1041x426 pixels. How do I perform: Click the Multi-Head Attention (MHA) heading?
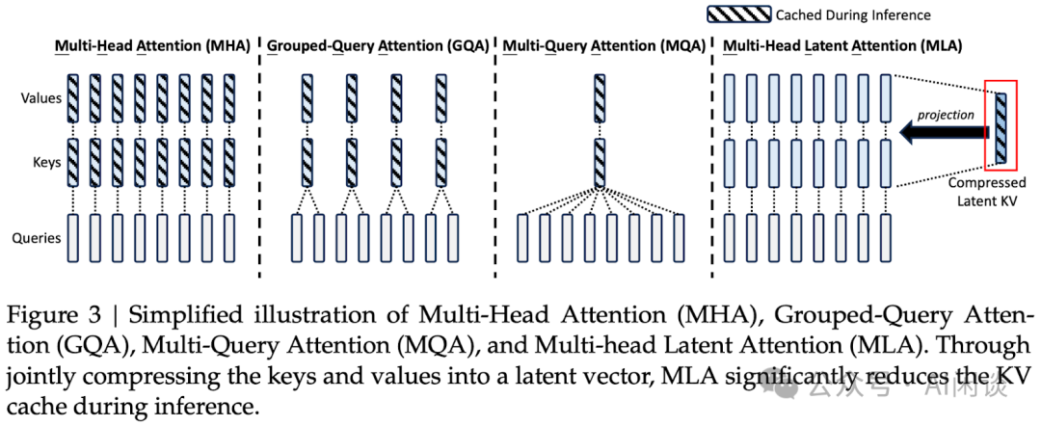[152, 45]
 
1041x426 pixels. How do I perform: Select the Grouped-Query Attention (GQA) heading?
[378, 45]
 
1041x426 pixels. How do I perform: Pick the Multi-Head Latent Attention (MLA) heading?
[842, 45]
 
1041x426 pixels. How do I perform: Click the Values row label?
[41, 97]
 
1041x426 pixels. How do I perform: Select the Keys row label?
[47, 163]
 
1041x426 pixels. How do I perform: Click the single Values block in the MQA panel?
[600, 97]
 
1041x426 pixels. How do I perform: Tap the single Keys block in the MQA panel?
[600, 163]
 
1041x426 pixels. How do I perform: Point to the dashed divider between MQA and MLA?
[710, 154]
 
